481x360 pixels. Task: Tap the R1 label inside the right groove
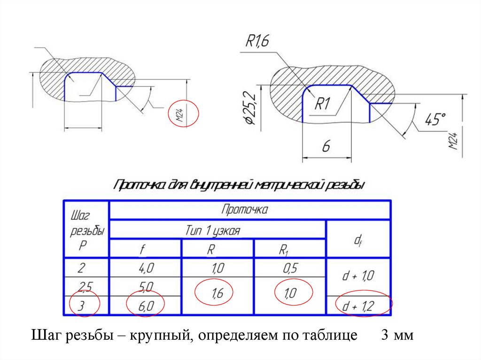point(323,104)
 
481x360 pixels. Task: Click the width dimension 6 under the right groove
point(326,146)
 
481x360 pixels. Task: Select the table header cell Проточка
point(245,210)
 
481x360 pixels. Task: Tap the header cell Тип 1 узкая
point(217,230)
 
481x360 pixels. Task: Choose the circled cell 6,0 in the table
point(145,305)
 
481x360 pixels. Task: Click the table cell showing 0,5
point(290,268)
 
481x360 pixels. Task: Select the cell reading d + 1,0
point(358,276)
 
